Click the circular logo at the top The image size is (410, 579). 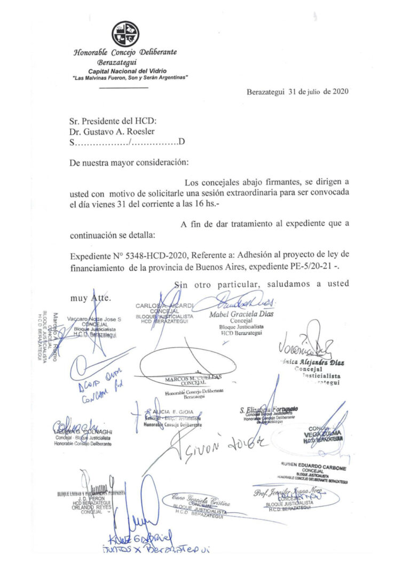(x=125, y=34)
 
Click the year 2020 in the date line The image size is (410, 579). (x=341, y=91)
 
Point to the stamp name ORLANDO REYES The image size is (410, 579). (x=96, y=507)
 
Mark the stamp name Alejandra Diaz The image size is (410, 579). (x=319, y=363)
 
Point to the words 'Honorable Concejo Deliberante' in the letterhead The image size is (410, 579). (x=125, y=52)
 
